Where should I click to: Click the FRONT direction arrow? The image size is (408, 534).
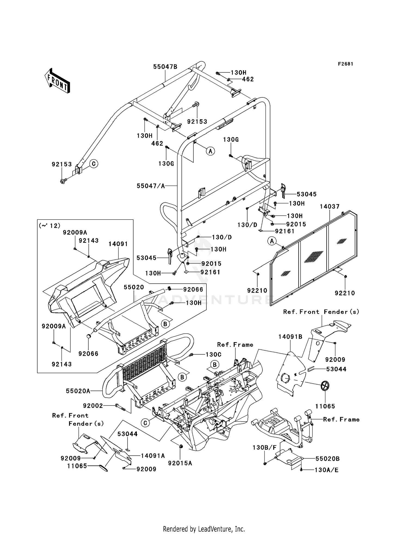(57, 81)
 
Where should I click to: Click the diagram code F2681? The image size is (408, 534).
(345, 64)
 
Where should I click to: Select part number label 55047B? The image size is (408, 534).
(165, 67)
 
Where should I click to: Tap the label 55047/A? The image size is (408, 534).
(151, 186)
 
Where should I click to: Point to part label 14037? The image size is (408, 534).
(329, 207)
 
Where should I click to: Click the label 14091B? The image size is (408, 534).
(290, 337)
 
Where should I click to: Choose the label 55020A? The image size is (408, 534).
(78, 391)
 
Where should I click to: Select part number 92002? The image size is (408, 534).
(93, 406)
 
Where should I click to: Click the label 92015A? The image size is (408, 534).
(180, 463)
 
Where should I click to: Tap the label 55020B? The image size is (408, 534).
(327, 459)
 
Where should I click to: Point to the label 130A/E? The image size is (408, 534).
(326, 470)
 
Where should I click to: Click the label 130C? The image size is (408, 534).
(213, 355)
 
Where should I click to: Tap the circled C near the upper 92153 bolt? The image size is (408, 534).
(94, 164)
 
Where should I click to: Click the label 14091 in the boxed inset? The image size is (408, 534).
(118, 244)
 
